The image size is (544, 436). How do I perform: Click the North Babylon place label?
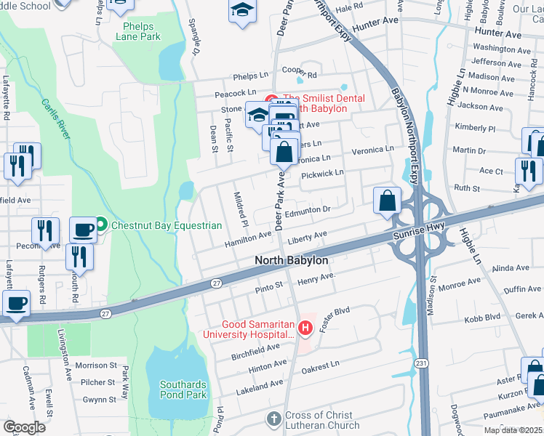(x=291, y=260)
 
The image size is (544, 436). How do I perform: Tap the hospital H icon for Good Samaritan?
(x=305, y=328)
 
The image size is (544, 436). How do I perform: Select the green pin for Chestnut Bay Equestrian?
(x=101, y=225)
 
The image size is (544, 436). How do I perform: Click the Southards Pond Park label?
(x=184, y=389)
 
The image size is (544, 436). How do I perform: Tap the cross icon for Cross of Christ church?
(x=273, y=419)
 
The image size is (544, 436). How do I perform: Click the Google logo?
(x=25, y=427)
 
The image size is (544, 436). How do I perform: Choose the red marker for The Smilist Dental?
(x=271, y=99)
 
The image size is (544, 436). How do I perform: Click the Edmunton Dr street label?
(x=308, y=209)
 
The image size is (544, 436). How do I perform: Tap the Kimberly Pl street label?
(x=474, y=128)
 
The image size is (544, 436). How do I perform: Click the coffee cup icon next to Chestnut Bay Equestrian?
(x=82, y=230)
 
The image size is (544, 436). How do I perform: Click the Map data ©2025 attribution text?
(x=513, y=430)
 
